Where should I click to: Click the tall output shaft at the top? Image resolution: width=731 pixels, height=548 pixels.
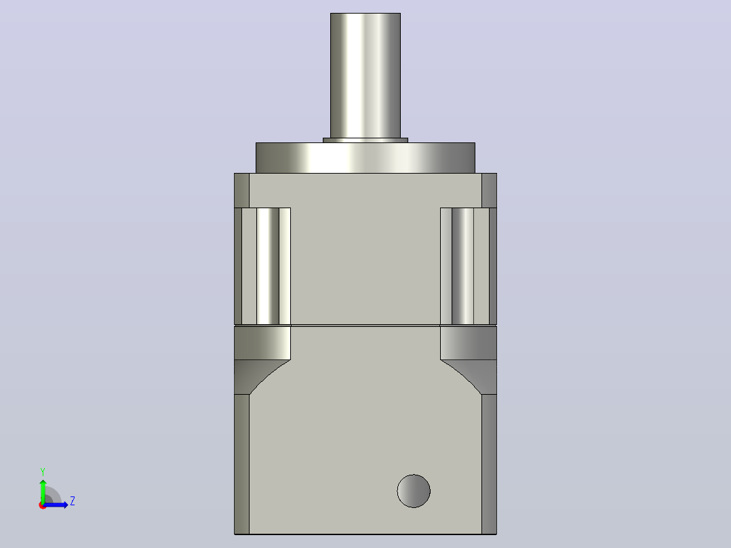pos(365,75)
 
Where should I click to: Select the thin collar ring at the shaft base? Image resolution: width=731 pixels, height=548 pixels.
pos(365,140)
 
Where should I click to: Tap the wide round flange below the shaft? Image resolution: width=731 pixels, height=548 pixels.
pos(365,158)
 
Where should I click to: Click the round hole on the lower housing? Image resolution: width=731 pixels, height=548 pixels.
pos(414,491)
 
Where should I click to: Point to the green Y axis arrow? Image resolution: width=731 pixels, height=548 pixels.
pos(43,491)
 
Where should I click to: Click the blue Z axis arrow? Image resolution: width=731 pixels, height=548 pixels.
pos(56,505)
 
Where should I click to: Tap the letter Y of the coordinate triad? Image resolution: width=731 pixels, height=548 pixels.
pos(43,472)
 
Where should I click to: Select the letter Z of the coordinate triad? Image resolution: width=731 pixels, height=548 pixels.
pos(73,501)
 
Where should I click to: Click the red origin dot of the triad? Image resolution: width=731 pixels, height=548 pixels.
pos(42,506)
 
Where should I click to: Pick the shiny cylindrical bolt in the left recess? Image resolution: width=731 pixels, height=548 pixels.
pos(268,266)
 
